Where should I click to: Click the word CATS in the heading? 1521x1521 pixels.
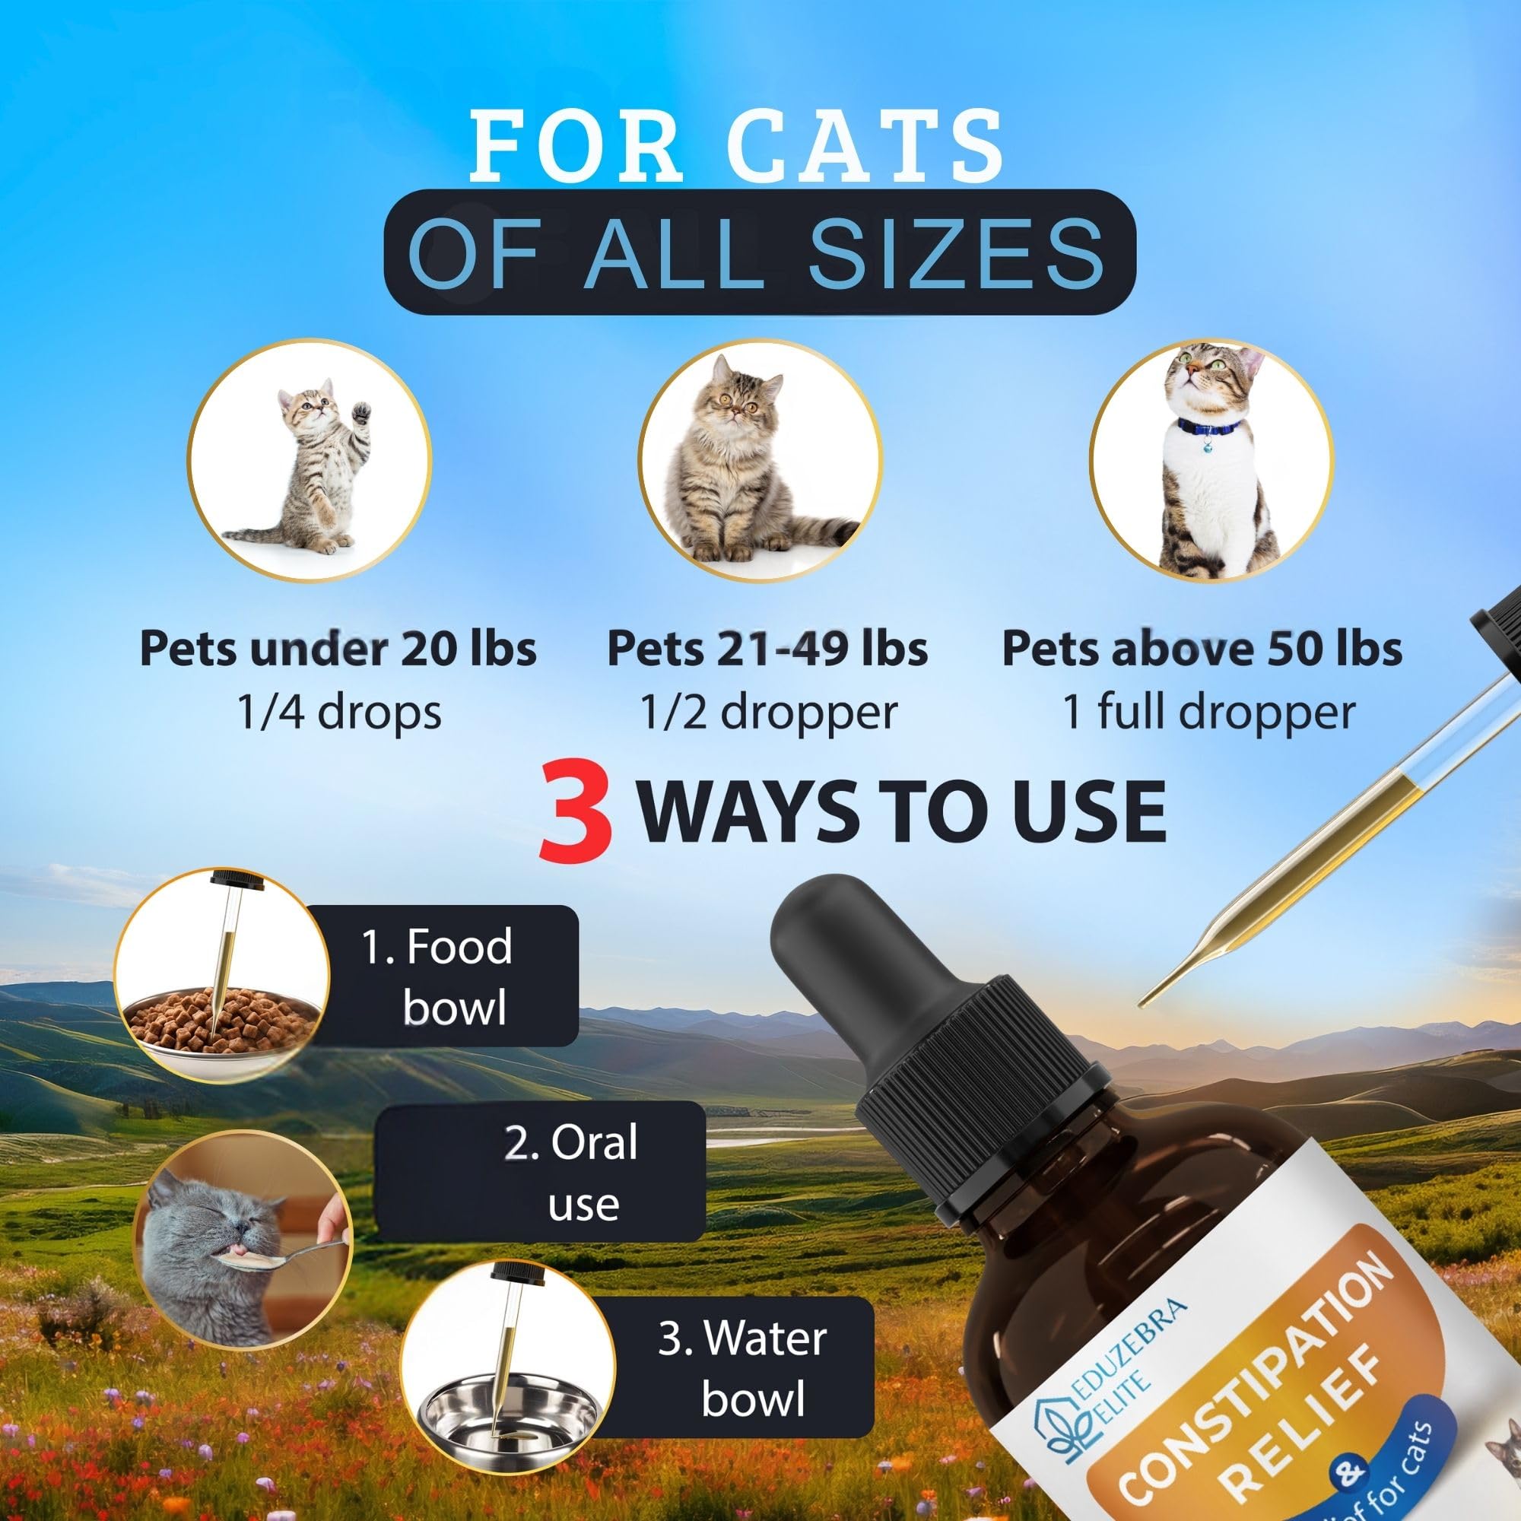click(865, 146)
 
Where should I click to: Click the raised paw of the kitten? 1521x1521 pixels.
click(360, 411)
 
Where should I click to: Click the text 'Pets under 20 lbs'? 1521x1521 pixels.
click(338, 648)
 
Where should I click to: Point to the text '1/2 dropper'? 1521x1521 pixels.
click(768, 713)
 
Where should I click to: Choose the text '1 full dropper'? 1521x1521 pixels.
click(1208, 711)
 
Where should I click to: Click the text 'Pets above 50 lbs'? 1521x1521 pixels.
click(1202, 648)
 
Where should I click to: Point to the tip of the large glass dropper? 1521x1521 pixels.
click(1140, 1006)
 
